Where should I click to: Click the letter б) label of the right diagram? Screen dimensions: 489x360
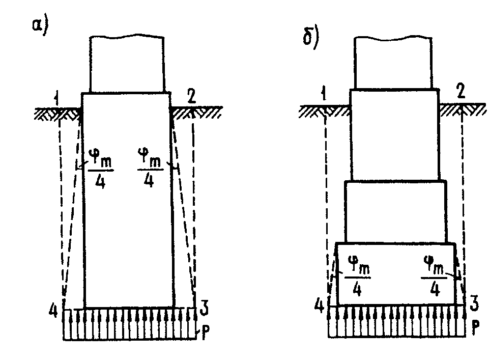(x=310, y=39)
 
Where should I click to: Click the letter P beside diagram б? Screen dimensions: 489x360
(x=474, y=325)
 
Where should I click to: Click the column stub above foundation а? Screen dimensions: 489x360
(x=127, y=64)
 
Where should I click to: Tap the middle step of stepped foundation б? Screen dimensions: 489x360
(x=395, y=211)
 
